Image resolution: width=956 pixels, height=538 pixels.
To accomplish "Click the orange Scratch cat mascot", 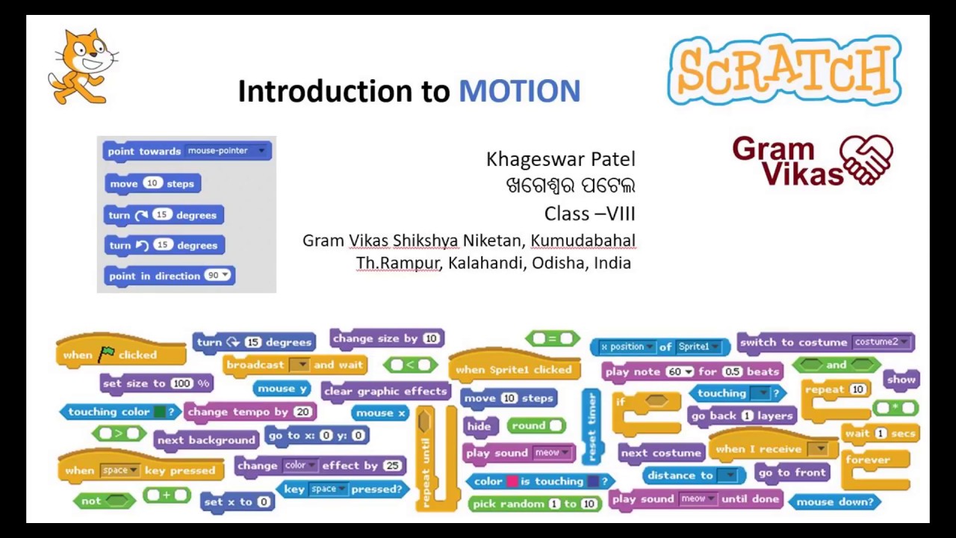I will [x=83, y=67].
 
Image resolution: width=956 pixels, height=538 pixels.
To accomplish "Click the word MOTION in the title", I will [x=519, y=91].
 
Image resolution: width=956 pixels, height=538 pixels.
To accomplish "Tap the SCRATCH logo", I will [x=784, y=70].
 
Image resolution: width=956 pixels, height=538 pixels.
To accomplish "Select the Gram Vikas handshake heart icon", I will [x=866, y=159].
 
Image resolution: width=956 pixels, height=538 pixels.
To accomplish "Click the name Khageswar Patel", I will [x=560, y=159].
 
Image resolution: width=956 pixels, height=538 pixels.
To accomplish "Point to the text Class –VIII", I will [x=589, y=214].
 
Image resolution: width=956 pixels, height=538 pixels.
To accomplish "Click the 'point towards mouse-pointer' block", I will [x=187, y=151].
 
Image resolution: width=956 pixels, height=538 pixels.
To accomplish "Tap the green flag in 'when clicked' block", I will [x=106, y=354].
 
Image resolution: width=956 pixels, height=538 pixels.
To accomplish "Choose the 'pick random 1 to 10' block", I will [x=535, y=504].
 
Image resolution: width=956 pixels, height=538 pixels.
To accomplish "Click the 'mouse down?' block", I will [x=834, y=501].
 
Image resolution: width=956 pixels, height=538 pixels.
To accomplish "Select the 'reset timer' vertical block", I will [x=592, y=426].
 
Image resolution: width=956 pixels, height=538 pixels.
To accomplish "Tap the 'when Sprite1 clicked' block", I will [x=513, y=369].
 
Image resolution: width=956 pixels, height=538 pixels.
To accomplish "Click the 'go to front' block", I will [x=792, y=472].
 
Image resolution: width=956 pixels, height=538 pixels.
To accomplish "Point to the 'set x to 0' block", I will [x=238, y=501].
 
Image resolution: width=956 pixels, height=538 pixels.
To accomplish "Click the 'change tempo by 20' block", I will [x=249, y=412].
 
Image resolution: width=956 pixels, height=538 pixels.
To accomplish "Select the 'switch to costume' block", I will [x=825, y=342].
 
